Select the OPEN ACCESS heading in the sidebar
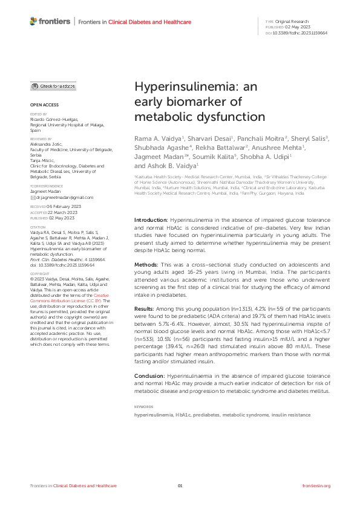point(41,105)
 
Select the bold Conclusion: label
point(151,376)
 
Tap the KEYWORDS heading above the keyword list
point(143,407)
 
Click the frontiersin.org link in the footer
point(316,487)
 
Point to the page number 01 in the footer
point(180,487)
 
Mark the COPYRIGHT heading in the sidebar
point(39,273)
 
